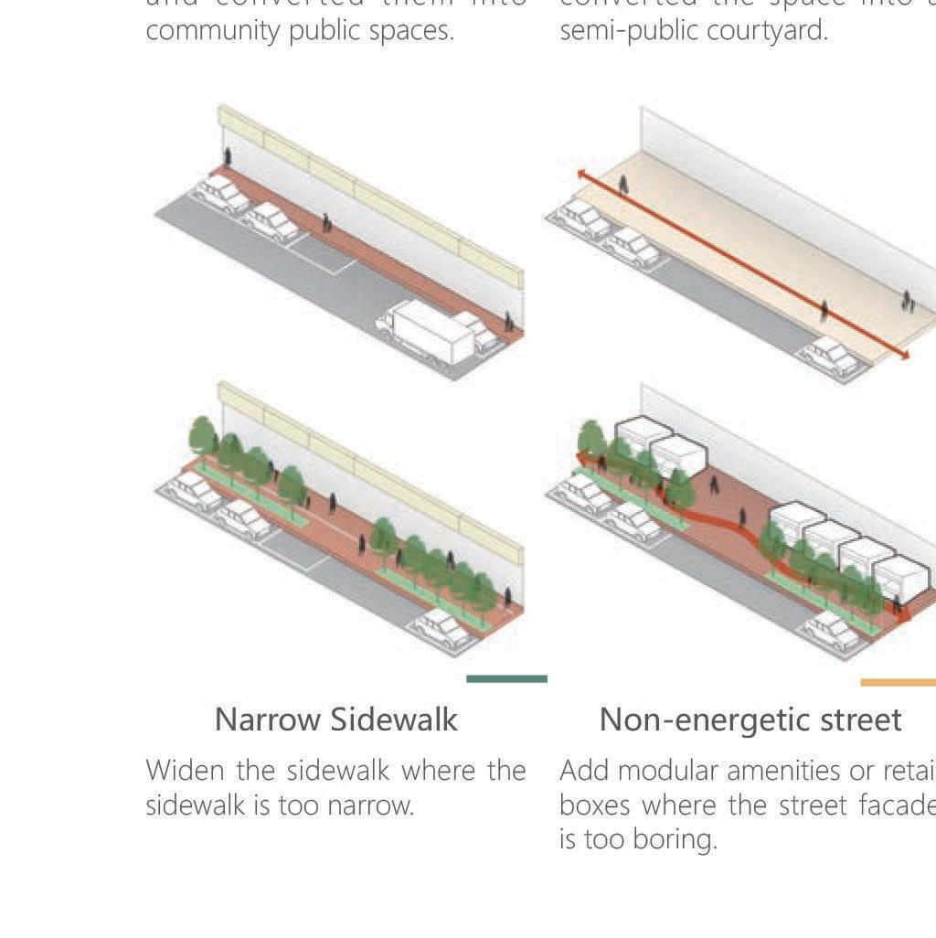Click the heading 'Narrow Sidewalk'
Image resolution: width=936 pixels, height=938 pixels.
pyautogui.click(x=335, y=720)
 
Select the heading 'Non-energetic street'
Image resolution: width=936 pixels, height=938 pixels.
pyautogui.click(x=750, y=720)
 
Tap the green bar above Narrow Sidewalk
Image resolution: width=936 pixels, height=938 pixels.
pyautogui.click(x=506, y=678)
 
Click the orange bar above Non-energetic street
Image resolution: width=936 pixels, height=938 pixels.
pyautogui.click(x=898, y=682)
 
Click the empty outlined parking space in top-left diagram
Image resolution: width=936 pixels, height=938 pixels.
pyautogui.click(x=322, y=253)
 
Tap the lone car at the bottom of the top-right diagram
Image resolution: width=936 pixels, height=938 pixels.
pyautogui.click(x=831, y=356)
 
